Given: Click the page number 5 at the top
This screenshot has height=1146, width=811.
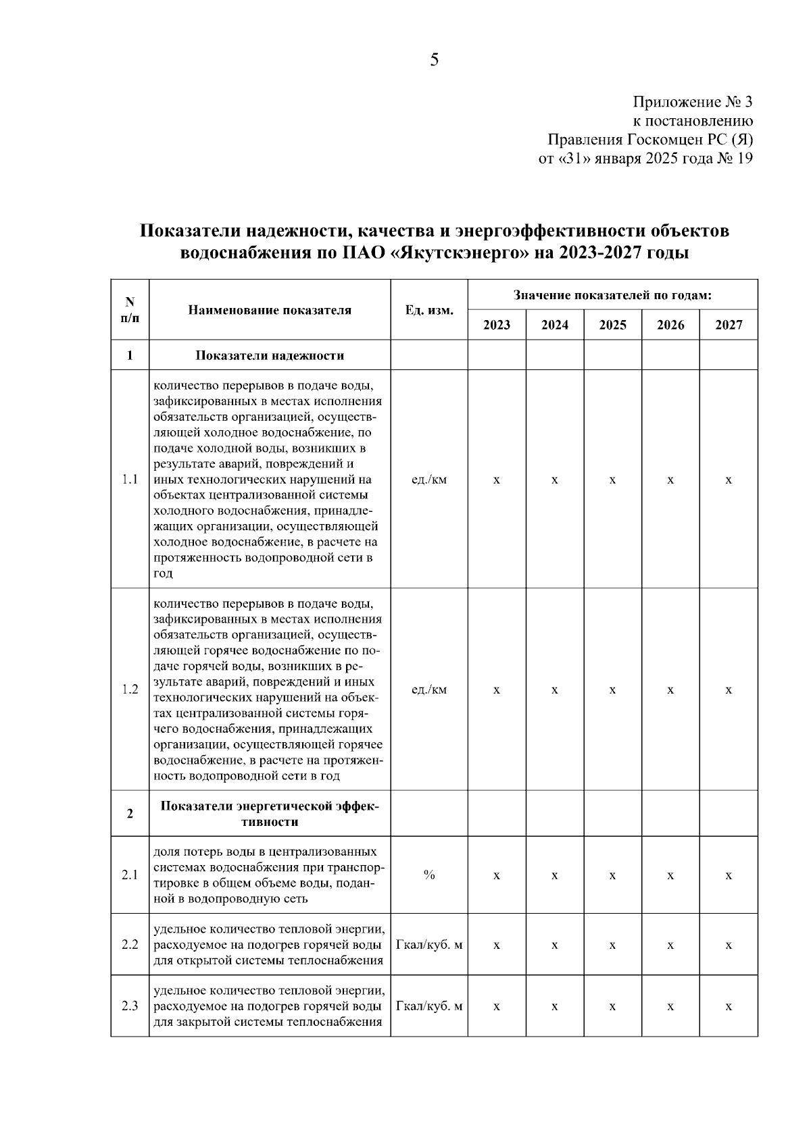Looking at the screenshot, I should coord(434,60).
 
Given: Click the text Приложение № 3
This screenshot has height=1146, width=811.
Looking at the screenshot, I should coord(692,103).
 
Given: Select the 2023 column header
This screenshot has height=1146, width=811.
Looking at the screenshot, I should coord(497,325).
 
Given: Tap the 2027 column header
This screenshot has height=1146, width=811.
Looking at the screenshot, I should coord(729,325).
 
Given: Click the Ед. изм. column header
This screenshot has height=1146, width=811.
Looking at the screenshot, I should coord(429,310).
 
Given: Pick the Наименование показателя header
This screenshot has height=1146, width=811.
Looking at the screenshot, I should coord(270,310).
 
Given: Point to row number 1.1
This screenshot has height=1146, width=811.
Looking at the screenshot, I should coord(130,479).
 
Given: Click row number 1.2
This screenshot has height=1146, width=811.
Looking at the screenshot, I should coord(130,689).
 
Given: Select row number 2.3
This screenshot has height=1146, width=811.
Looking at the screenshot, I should coord(130,1006).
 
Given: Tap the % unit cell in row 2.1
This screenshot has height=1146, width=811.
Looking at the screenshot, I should coord(429,875).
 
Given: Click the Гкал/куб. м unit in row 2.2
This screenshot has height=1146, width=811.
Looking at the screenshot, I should coord(429,945).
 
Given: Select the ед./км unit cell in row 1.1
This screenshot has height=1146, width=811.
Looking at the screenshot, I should coord(429,479).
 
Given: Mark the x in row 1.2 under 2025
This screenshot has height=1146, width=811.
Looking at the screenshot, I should coord(612,689).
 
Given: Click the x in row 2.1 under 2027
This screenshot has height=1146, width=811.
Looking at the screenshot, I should coord(729,875).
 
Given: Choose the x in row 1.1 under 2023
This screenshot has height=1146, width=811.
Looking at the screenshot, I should coord(497,479).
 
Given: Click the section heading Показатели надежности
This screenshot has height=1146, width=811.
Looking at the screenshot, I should coord(270,355).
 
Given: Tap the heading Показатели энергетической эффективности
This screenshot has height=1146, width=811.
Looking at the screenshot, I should coord(270,814).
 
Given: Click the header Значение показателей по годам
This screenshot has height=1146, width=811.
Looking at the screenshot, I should coord(612,295).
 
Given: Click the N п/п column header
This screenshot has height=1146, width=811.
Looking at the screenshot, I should coord(130,310).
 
